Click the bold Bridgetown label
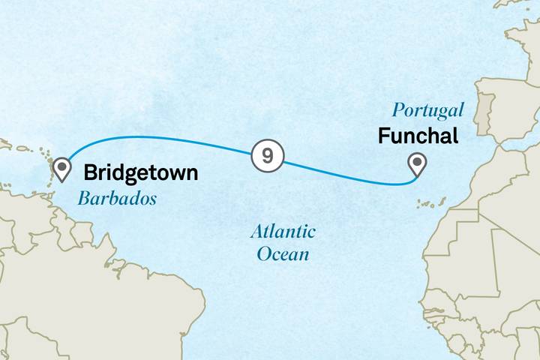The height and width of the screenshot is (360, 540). point(141,173)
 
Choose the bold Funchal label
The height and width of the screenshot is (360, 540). point(418,136)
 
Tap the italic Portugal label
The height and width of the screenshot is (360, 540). point(427,112)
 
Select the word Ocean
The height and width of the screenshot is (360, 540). point(283,254)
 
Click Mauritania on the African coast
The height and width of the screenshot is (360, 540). point(472,255)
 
